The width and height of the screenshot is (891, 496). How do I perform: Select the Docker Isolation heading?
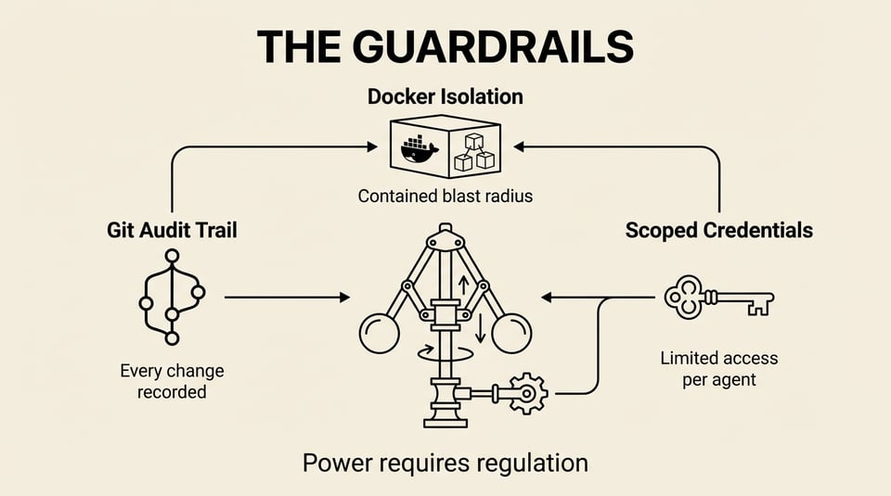(x=445, y=96)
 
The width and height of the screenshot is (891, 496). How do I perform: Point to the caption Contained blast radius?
(x=445, y=197)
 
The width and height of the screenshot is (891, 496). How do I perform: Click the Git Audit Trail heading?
(x=172, y=230)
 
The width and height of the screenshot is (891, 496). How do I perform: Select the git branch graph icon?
(x=171, y=296)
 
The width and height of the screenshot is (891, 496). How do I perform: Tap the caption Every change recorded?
(x=172, y=381)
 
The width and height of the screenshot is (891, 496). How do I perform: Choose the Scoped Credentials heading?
(x=718, y=230)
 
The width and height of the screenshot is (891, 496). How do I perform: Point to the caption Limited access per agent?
(x=718, y=368)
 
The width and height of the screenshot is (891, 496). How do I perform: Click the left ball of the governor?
(x=380, y=334)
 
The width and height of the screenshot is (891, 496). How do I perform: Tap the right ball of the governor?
(x=511, y=334)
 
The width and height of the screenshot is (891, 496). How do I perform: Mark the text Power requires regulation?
(x=445, y=462)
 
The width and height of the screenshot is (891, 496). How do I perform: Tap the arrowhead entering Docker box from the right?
(x=520, y=146)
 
